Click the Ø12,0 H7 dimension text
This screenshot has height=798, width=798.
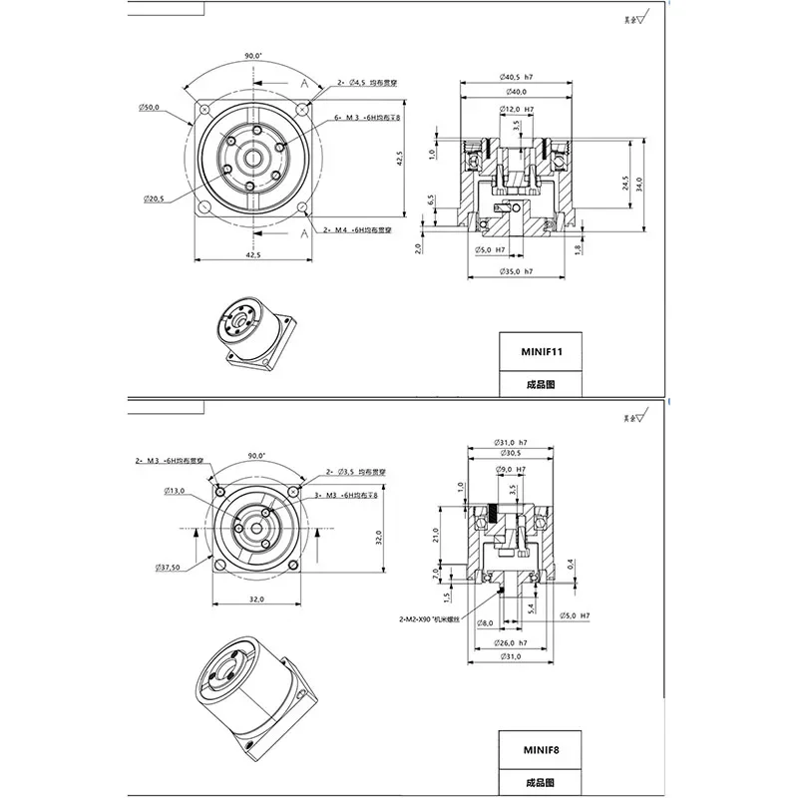(x=516, y=108)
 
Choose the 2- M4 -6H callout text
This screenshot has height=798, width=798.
(x=358, y=230)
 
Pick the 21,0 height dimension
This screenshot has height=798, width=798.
(x=434, y=535)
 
